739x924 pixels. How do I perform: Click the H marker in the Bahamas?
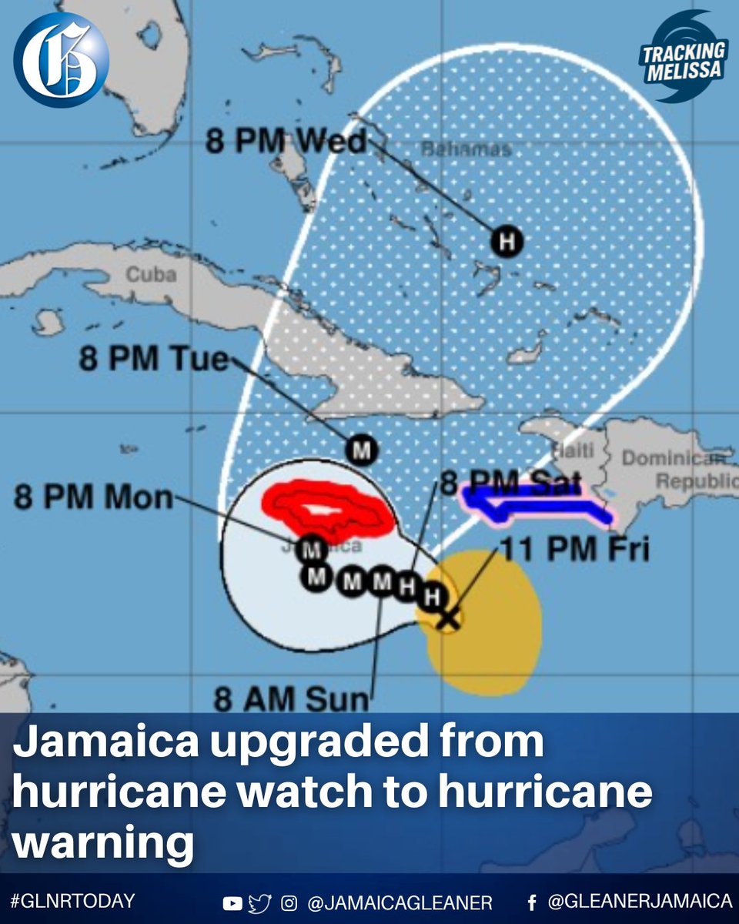(x=507, y=243)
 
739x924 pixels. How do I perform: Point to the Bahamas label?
(x=466, y=149)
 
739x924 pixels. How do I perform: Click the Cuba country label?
(x=152, y=275)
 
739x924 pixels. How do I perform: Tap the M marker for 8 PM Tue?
(x=359, y=449)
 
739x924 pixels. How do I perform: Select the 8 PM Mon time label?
(x=94, y=497)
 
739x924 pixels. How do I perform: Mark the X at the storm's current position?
(x=448, y=618)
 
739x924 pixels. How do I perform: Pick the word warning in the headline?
(x=103, y=842)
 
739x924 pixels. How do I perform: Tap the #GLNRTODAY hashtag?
(x=72, y=901)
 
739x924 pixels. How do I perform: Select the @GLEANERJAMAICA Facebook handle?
(x=639, y=901)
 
